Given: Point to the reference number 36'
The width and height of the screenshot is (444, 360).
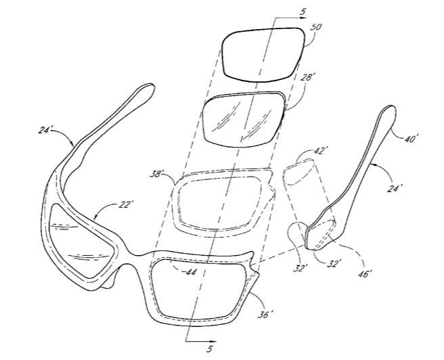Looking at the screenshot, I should pyautogui.click(x=266, y=315).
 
